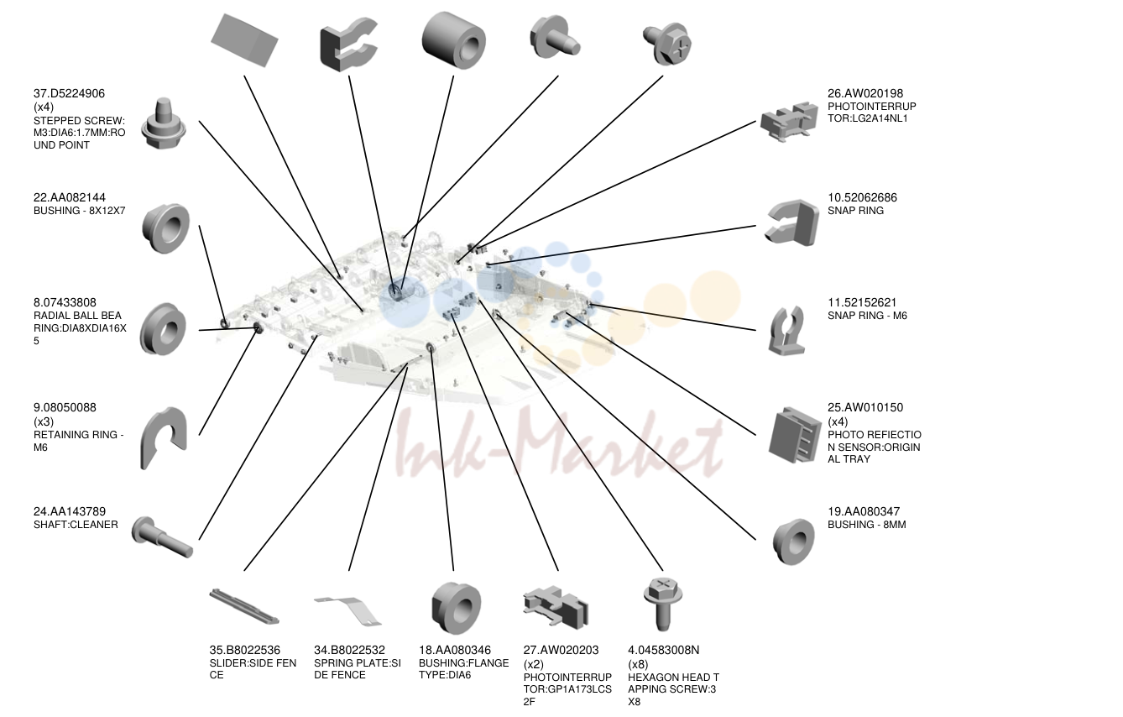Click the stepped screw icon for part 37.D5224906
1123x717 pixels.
point(164,123)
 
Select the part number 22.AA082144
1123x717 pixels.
point(69,197)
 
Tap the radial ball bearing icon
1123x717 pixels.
point(163,329)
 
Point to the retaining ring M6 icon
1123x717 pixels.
point(164,437)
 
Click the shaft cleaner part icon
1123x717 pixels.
point(162,537)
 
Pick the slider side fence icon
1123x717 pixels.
point(244,606)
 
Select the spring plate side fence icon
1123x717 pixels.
point(348,611)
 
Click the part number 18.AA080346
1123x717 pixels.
point(455,651)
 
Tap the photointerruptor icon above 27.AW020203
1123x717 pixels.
point(556,607)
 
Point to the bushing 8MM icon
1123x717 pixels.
point(793,542)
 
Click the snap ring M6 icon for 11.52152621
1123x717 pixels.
point(786,331)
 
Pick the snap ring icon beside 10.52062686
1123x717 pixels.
point(792,222)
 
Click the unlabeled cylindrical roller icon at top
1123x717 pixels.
point(454,40)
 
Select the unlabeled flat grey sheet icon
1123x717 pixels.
point(244,40)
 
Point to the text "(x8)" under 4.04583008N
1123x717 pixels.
point(638,664)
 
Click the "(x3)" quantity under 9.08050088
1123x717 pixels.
point(44,421)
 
